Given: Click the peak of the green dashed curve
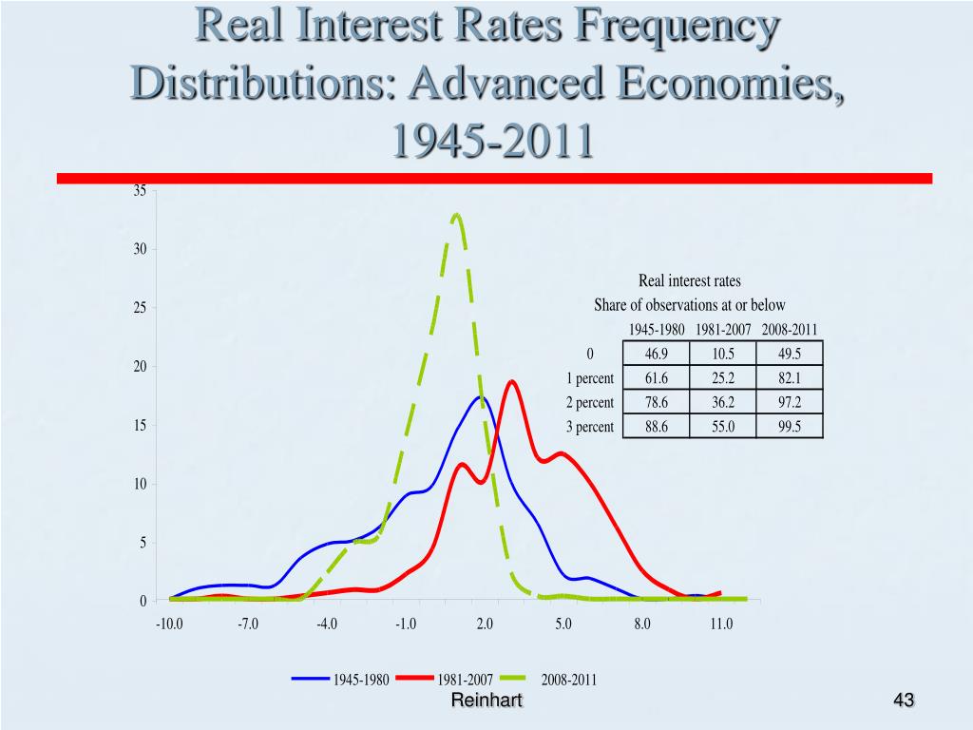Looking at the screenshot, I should (458, 215).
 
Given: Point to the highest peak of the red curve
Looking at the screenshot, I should (512, 381).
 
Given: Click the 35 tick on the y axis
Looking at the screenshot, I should (139, 191).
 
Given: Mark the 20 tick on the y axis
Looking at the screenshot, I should (139, 367).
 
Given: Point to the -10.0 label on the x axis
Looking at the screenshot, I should (169, 624).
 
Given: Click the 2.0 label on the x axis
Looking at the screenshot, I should (485, 624).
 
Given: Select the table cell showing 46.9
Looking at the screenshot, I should (656, 354).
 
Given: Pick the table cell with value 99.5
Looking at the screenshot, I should (789, 427).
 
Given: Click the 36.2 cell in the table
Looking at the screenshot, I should (723, 402).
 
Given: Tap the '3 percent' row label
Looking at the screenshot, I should (590, 427).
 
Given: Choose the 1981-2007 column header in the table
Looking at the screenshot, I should (723, 330).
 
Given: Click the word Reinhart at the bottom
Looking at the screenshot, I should (486, 701).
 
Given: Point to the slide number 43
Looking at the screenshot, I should (904, 701).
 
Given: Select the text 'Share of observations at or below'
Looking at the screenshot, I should (690, 305).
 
